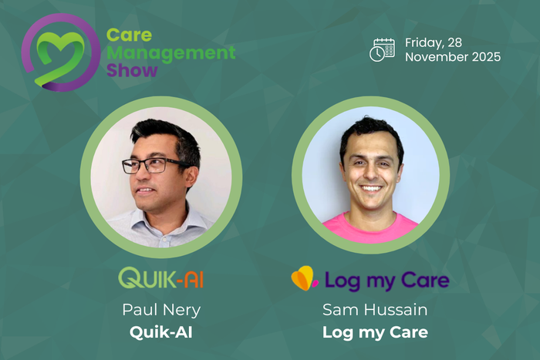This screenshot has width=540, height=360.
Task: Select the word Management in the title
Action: click(170, 53)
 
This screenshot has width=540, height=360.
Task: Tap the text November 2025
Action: click(453, 57)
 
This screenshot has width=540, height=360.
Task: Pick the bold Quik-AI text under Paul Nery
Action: click(161, 332)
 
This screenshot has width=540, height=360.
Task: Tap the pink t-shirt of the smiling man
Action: click(370, 228)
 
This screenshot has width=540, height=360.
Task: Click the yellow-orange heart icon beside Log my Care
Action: click(305, 278)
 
